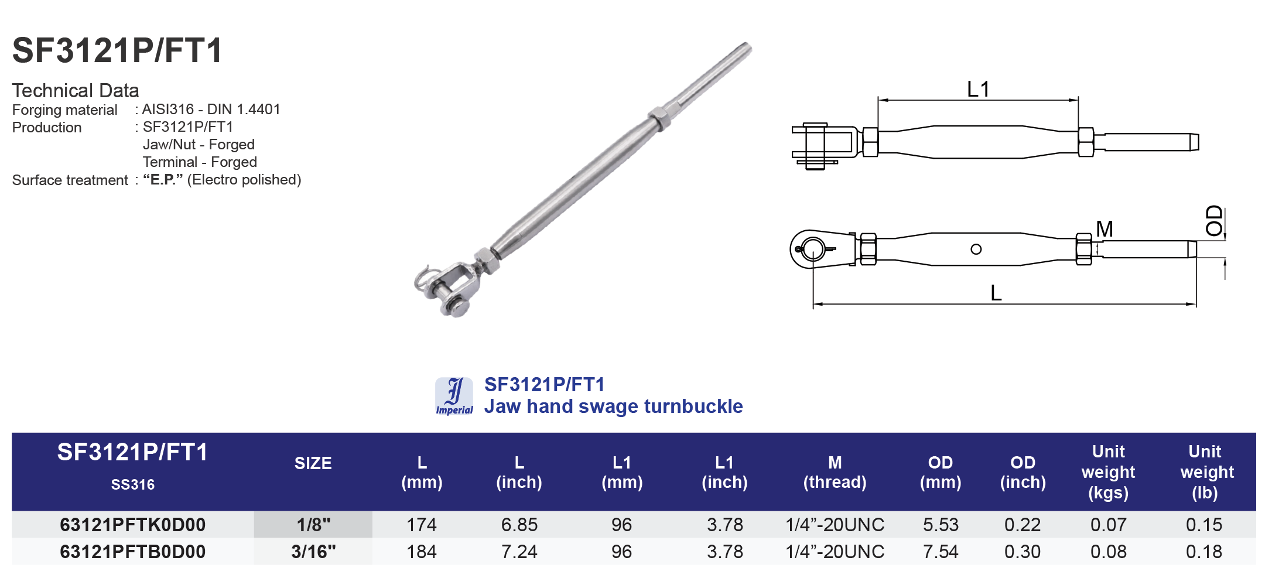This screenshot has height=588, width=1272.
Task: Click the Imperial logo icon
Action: [x=454, y=396]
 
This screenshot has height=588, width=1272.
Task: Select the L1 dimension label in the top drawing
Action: [x=978, y=90]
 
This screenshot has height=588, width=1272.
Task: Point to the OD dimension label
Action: [x=1215, y=221]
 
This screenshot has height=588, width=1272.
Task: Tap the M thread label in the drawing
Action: [x=1105, y=229]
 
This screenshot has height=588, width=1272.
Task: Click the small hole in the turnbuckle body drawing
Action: [x=976, y=249]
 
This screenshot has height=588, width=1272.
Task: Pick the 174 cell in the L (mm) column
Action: [x=422, y=525]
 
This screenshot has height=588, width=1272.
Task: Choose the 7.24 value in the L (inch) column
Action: [x=519, y=552]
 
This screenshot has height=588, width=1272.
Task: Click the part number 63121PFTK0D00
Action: [x=133, y=525]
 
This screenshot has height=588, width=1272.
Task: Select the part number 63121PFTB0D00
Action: [x=133, y=552]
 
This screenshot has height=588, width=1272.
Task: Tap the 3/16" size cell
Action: [x=313, y=552]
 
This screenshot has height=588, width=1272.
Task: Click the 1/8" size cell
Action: [x=313, y=525]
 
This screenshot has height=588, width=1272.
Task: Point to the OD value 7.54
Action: [x=941, y=552]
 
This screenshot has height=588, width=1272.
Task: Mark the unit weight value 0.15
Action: [x=1204, y=525]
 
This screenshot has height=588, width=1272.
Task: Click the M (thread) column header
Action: [x=835, y=472]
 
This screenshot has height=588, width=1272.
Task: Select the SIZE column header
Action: [x=313, y=463]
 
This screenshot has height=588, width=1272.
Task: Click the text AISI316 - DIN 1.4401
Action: [x=211, y=110]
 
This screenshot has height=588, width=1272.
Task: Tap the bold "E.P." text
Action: [x=163, y=180]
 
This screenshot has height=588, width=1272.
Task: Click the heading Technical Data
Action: [x=76, y=91]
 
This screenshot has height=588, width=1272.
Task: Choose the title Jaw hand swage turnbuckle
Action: [x=613, y=406]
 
